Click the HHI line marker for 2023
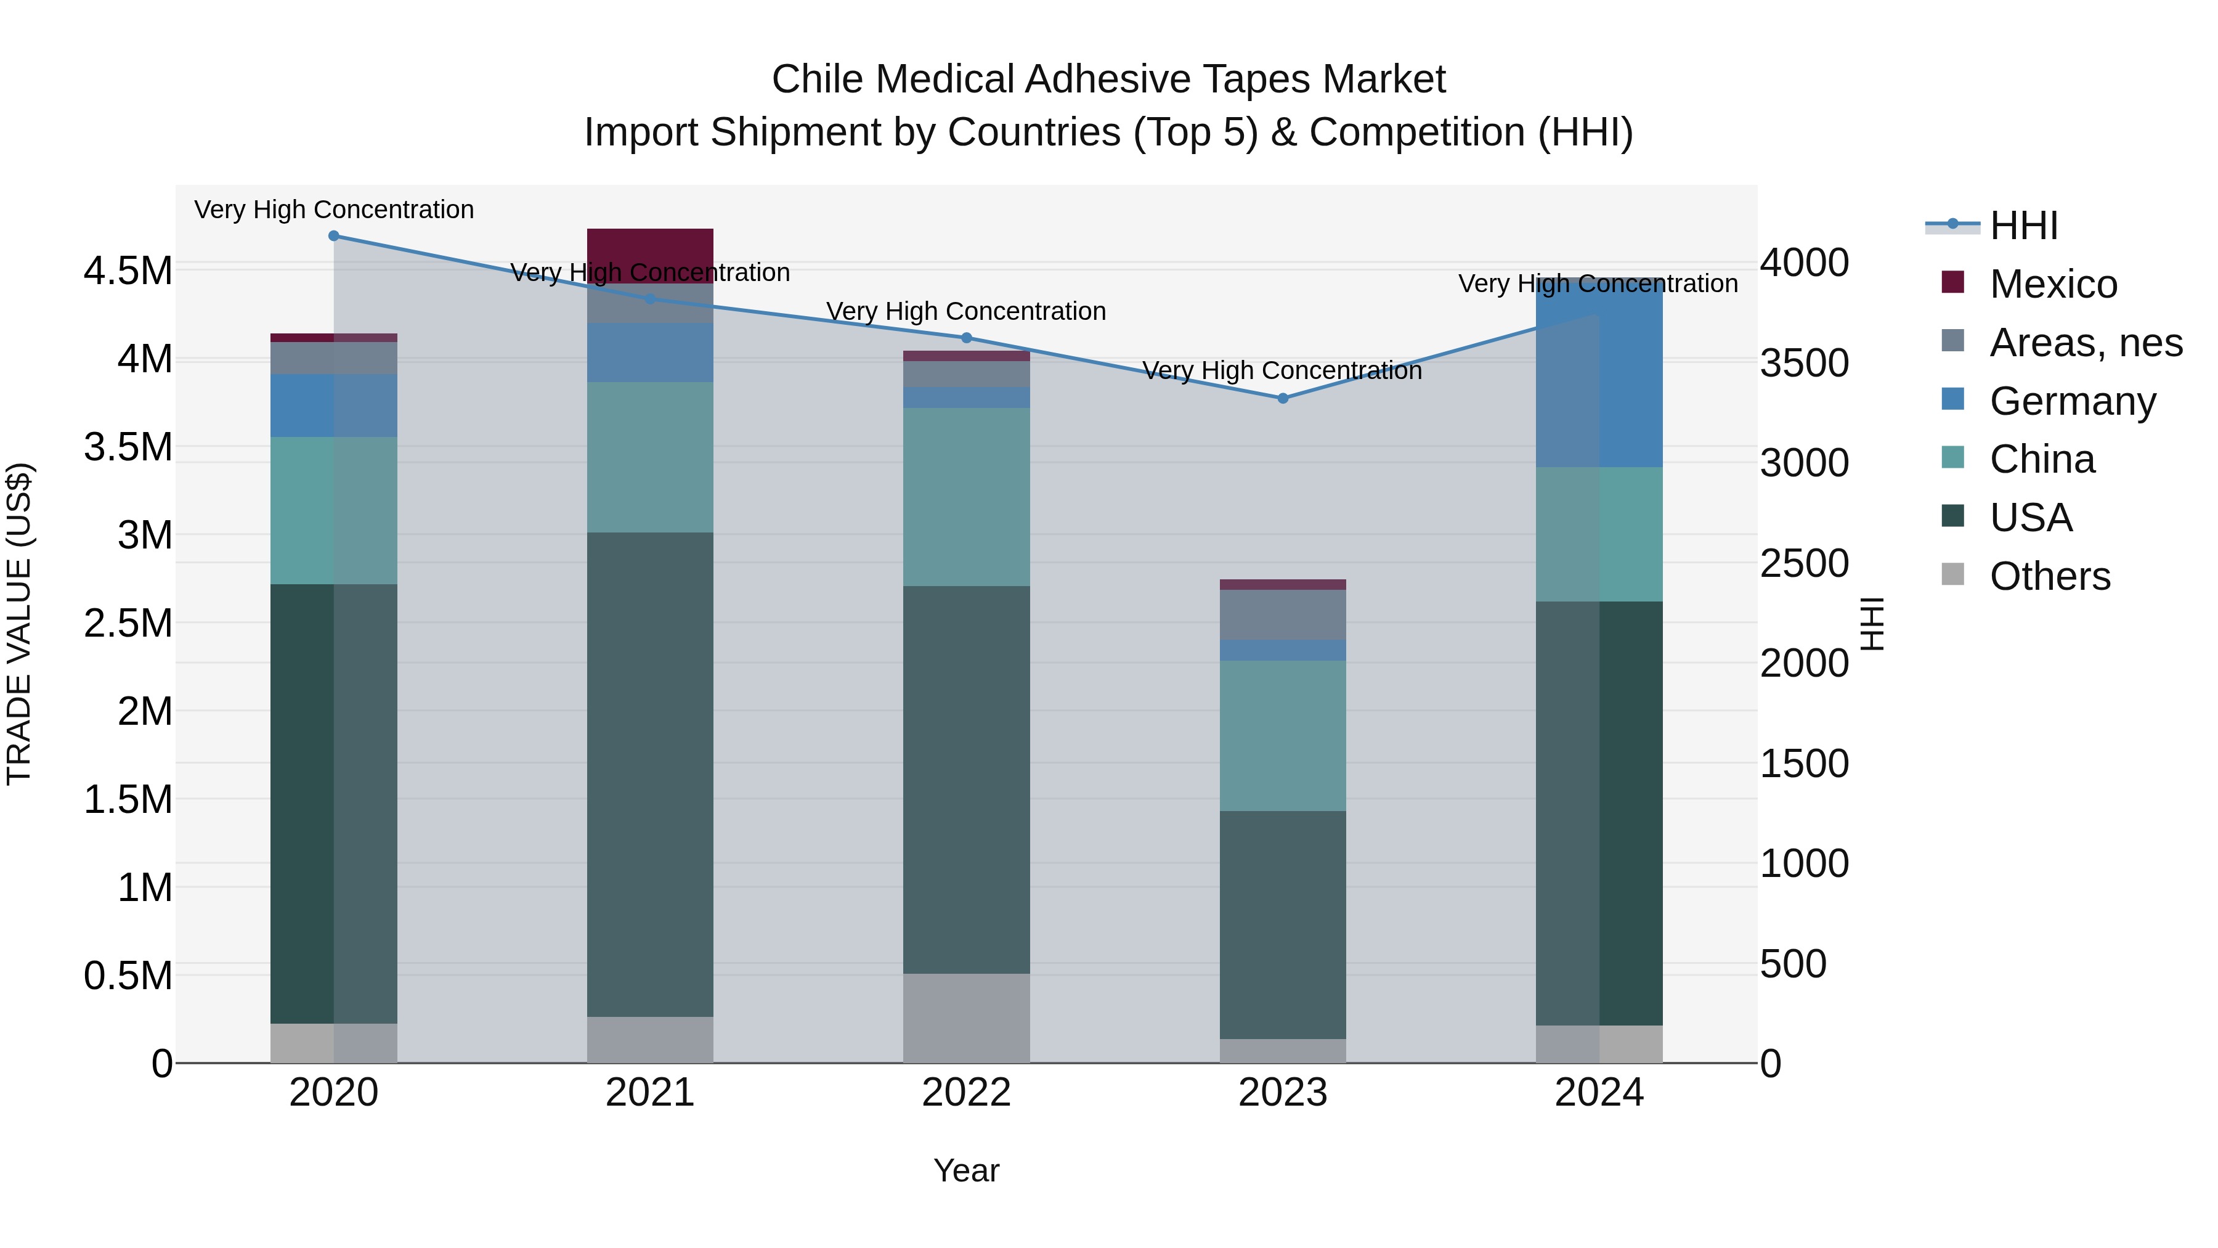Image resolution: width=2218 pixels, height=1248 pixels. (x=1282, y=398)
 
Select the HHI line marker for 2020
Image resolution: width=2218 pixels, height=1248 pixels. (x=334, y=235)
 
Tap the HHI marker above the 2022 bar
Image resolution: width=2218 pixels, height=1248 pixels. (x=966, y=338)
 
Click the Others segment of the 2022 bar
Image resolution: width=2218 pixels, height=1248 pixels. (x=966, y=1018)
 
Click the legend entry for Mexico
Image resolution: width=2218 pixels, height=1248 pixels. (x=2053, y=284)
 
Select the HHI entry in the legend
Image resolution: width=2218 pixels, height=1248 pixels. (x=2023, y=226)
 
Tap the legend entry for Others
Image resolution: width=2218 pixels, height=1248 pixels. (x=2049, y=576)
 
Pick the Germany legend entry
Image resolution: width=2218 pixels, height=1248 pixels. (x=2071, y=401)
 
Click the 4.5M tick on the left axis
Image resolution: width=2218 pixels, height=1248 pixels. (x=128, y=271)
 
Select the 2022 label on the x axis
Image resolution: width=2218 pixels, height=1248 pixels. (x=966, y=1093)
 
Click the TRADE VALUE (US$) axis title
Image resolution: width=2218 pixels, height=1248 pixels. (x=19, y=624)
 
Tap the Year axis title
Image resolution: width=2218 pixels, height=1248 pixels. (x=966, y=1170)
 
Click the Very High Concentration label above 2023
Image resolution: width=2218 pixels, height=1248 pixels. (x=1282, y=370)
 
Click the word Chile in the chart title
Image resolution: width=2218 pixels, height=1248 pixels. (x=818, y=80)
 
